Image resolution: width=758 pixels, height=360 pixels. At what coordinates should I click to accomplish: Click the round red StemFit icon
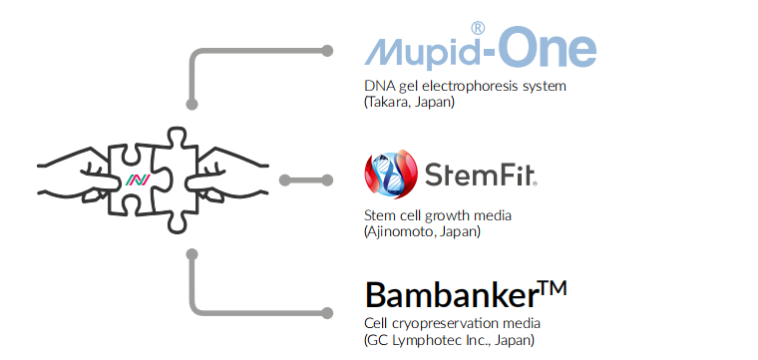coord(390,178)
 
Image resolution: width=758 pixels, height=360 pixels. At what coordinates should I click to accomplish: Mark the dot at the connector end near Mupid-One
coord(326,49)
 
